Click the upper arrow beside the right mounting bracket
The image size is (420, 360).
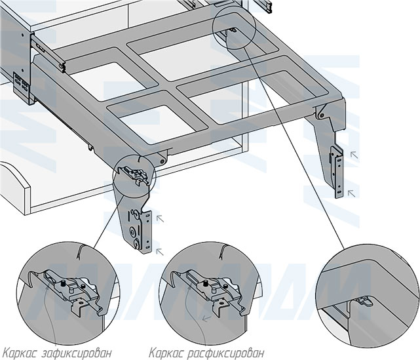pyautogui.click(x=354, y=154)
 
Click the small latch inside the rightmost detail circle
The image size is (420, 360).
pyautogui.click(x=362, y=302)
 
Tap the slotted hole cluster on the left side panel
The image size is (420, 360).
pyautogui.click(x=22, y=85)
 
